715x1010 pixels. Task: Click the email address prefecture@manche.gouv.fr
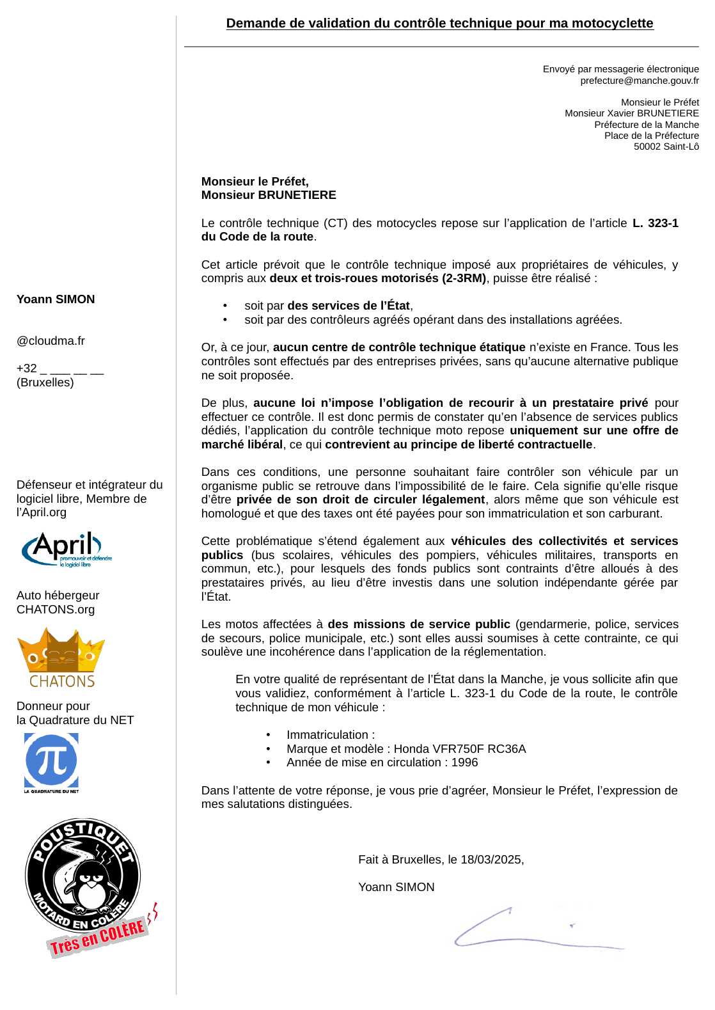tap(639, 81)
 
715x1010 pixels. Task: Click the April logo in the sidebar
tap(65, 549)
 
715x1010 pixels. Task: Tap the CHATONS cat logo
tap(61, 657)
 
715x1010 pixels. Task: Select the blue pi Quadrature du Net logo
tap(51, 761)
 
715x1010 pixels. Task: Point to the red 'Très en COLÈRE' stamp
tap(98, 937)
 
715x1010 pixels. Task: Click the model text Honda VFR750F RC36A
tap(460, 749)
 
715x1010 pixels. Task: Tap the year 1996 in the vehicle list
tap(464, 762)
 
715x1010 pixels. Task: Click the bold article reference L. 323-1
tap(655, 223)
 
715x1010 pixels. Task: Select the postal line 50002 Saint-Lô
tap(666, 146)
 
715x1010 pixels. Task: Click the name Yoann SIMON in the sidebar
tap(56, 299)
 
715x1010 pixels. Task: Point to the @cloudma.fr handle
tap(51, 341)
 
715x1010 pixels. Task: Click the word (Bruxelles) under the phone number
tap(45, 383)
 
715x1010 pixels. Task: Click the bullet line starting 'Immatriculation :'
tap(330, 735)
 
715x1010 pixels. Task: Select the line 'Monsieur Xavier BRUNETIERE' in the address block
tap(631, 113)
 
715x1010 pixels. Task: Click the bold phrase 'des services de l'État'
tap(349, 306)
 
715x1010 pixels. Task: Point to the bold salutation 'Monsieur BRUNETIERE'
tap(269, 195)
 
